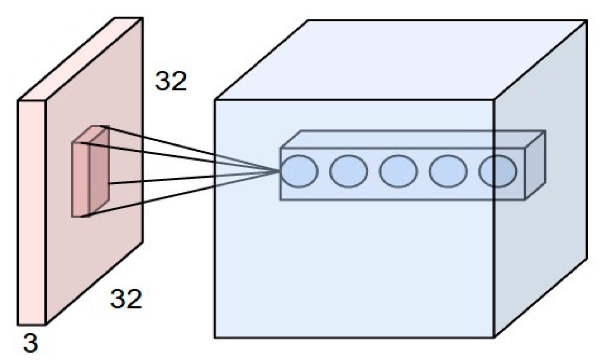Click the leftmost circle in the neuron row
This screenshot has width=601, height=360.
[x=299, y=171]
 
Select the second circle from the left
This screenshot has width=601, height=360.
[x=348, y=171]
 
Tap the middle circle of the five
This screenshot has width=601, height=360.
[x=398, y=171]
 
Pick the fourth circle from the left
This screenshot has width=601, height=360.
[x=448, y=171]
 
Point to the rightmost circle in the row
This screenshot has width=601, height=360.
[x=498, y=171]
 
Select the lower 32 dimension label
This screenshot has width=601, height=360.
[x=126, y=299]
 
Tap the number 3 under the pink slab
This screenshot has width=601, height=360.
[x=31, y=343]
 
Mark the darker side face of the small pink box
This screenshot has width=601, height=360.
[x=99, y=171]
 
